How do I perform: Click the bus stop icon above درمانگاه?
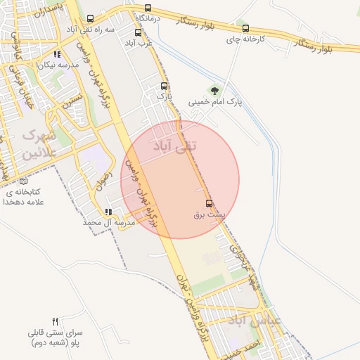[148, 8]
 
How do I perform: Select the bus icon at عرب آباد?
[137, 32]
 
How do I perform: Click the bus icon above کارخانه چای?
[245, 29]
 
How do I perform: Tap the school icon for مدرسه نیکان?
[58, 53]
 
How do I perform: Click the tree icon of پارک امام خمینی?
[214, 90]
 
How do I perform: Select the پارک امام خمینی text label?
[214, 102]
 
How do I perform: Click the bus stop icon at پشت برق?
[209, 203]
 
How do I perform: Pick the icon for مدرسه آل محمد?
[108, 212]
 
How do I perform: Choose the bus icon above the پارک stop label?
[165, 86]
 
